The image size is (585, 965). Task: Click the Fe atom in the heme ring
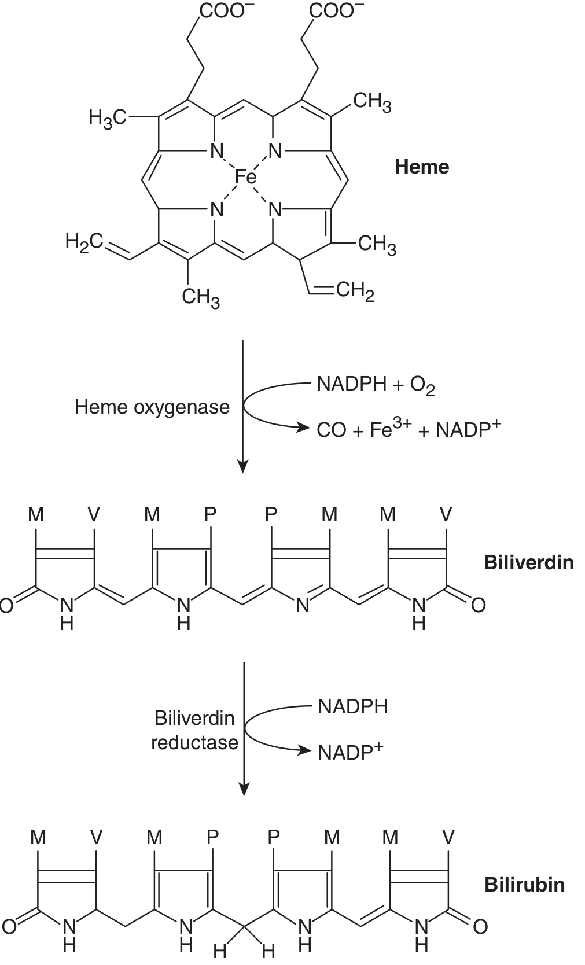[245, 176]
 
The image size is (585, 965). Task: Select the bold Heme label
[422, 167]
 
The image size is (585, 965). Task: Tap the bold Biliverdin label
[528, 563]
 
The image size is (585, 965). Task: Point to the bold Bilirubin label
[524, 885]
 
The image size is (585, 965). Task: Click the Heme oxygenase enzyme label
[152, 407]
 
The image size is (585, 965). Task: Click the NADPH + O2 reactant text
[376, 384]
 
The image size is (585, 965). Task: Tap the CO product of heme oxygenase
[332, 430]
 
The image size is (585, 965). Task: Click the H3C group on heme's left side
[107, 117]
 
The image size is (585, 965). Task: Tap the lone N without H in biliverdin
[303, 605]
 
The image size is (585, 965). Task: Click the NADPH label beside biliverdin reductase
[353, 707]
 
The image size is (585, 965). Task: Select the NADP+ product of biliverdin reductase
[350, 752]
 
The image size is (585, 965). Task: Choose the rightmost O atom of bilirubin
[480, 927]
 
